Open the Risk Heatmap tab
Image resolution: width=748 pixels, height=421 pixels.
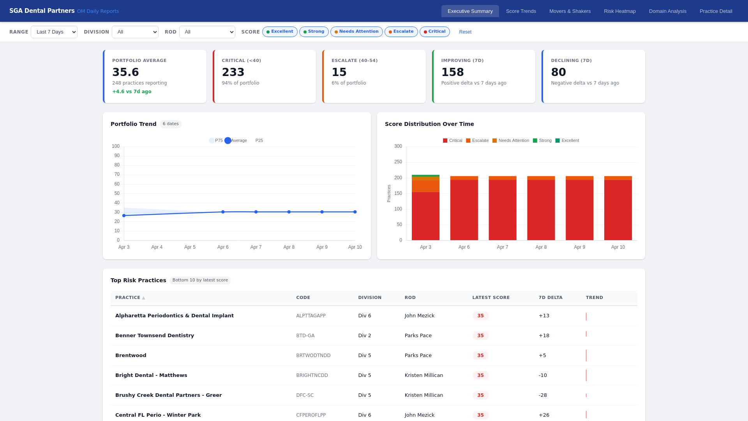point(619,11)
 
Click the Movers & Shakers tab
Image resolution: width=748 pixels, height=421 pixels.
point(570,11)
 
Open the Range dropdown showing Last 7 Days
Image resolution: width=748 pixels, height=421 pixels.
point(54,32)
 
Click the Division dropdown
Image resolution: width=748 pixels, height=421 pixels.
point(135,32)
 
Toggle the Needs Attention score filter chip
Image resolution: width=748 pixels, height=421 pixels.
point(356,32)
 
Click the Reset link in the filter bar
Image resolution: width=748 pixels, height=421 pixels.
point(465,32)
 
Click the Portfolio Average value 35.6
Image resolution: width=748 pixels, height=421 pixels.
point(125,72)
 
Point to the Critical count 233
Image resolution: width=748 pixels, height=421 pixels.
point(233,72)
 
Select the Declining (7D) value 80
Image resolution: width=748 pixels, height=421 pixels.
point(558,72)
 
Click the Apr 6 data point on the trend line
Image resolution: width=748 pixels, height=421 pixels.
point(223,212)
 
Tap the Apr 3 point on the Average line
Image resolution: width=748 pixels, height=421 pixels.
point(124,216)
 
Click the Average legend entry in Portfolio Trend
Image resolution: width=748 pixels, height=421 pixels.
point(236,141)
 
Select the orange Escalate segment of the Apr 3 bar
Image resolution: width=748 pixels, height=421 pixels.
point(425,186)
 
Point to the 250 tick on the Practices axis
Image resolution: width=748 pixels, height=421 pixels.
point(398,162)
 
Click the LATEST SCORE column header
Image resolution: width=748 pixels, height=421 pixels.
point(491,298)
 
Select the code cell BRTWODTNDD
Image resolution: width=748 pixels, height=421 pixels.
point(313,356)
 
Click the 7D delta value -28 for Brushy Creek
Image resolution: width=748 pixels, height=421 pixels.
point(543,395)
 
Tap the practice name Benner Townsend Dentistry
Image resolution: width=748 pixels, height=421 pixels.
point(155,336)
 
